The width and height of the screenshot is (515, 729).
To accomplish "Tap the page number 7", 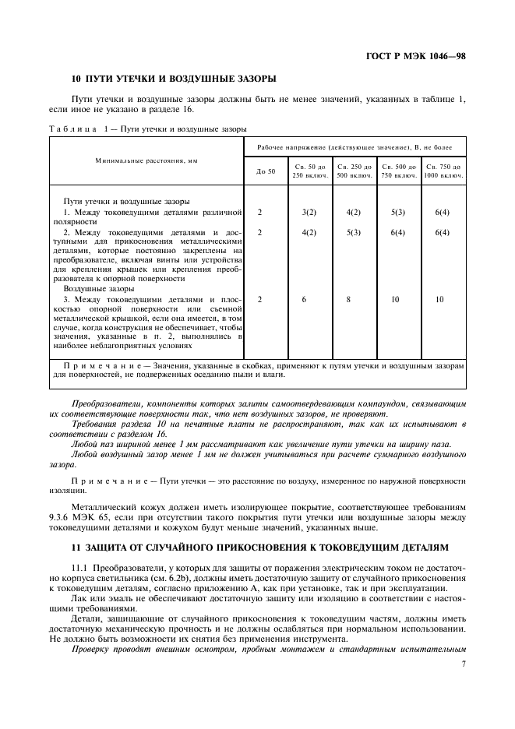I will pyautogui.click(x=463, y=664).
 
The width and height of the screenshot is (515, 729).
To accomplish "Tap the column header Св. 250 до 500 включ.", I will pyautogui.click(x=355, y=171).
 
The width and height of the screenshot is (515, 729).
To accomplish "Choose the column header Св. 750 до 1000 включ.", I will pyautogui.click(x=443, y=171).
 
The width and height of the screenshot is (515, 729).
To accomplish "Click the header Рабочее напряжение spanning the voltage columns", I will pyautogui.click(x=355, y=146).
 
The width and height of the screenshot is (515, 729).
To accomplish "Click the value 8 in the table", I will pyautogui.click(x=355, y=299).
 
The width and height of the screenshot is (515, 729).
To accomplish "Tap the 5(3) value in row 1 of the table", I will pyautogui.click(x=399, y=212).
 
